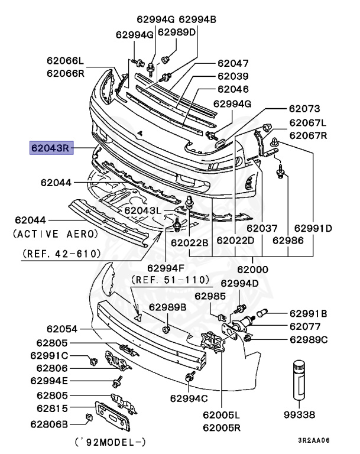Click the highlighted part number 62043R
click(x=51, y=146)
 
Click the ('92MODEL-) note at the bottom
click(x=111, y=442)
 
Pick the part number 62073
click(x=304, y=109)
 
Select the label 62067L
click(x=307, y=122)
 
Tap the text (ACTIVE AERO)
click(x=56, y=234)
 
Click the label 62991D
click(x=313, y=228)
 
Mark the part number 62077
click(x=306, y=326)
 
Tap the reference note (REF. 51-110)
click(x=171, y=279)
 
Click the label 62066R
click(x=66, y=73)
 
